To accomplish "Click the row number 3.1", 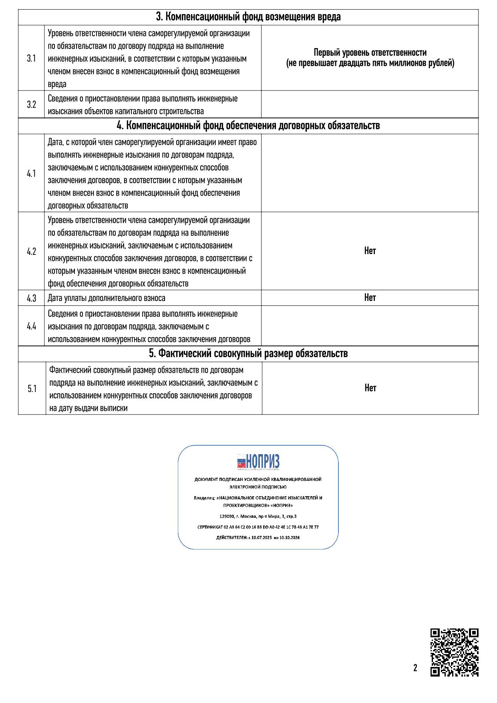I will coord(31,59).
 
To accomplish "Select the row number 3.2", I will coord(31,105).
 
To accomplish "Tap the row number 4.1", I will coord(31,174).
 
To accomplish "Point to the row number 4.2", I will coord(31,252).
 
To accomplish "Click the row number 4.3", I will coord(31,298).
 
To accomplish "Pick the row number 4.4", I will coord(31,326).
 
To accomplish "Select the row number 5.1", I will coord(32,389).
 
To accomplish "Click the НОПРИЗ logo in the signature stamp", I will coord(258,462).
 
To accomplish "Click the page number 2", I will coord(415,668).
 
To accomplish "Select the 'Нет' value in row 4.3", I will coord(370,297).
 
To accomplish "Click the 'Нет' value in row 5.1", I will coord(370,388).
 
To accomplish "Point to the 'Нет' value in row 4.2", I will coord(370,251).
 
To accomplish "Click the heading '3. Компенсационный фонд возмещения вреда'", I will coord(248,17).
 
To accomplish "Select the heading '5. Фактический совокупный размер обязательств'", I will coord(248,354).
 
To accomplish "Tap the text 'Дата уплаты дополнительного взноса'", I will coord(107,298).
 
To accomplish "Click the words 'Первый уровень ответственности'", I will coord(370,53).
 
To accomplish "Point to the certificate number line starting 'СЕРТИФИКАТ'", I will coord(258,527).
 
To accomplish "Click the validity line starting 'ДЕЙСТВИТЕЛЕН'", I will coord(258,537).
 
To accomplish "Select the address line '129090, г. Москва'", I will coord(258,516).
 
